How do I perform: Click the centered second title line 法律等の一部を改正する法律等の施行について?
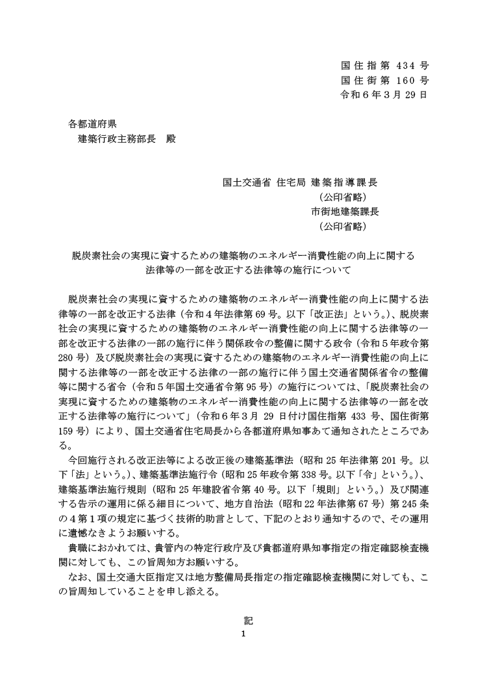249,270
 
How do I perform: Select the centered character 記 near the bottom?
243,620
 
